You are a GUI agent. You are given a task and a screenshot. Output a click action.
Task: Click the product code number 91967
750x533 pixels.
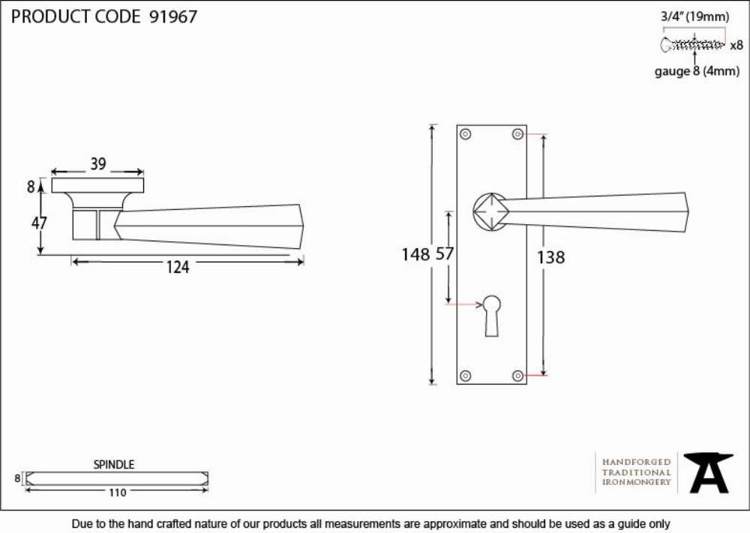(173, 16)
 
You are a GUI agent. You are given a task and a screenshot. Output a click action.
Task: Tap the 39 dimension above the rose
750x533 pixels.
(98, 164)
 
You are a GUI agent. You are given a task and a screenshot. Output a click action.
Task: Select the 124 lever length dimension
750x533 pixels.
(178, 267)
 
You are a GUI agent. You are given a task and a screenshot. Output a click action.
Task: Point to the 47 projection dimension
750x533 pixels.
(39, 223)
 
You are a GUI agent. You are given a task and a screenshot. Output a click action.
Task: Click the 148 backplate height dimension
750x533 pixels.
(415, 254)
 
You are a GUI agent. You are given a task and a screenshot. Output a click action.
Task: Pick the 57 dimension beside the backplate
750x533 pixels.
(444, 253)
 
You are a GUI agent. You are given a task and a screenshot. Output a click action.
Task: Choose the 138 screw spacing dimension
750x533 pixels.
(550, 258)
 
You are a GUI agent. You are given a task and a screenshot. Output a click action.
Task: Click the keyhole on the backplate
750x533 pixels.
(492, 316)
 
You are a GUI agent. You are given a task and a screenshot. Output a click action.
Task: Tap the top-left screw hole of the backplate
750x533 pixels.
(466, 134)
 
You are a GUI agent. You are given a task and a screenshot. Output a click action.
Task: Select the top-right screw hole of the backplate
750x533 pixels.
(517, 134)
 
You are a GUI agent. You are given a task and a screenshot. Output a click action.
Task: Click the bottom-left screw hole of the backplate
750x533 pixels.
(466, 376)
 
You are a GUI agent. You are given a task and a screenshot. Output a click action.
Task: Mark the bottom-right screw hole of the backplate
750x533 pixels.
(517, 376)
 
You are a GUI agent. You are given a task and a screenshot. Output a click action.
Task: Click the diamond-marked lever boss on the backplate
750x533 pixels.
(491, 211)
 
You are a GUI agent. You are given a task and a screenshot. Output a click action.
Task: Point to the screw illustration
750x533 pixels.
(692, 45)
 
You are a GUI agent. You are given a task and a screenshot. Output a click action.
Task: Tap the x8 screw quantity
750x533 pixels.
(736, 46)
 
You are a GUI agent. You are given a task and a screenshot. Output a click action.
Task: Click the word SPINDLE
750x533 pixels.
(113, 464)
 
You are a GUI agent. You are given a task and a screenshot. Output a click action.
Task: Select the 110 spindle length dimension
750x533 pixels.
(117, 493)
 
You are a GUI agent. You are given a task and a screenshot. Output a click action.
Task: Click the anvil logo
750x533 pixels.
(708, 473)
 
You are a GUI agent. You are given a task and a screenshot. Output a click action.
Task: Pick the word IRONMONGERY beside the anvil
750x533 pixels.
(637, 482)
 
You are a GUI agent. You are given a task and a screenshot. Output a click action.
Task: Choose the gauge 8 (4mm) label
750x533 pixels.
(697, 71)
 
